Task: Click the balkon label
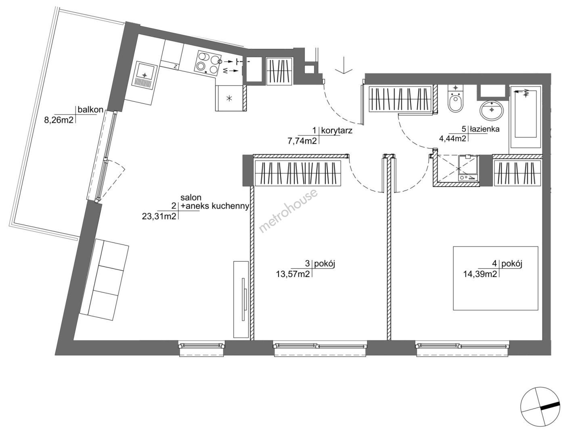click(x=90, y=110)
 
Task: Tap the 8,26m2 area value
click(x=59, y=120)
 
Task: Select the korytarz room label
click(x=337, y=130)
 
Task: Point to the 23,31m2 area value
click(x=159, y=216)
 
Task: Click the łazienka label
click(x=484, y=129)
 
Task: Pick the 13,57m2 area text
click(x=293, y=274)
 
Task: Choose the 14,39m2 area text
click(x=481, y=274)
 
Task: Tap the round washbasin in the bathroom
click(x=492, y=111)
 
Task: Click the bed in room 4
click(x=496, y=278)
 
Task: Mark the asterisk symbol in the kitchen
click(x=229, y=99)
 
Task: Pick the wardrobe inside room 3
click(x=297, y=173)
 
